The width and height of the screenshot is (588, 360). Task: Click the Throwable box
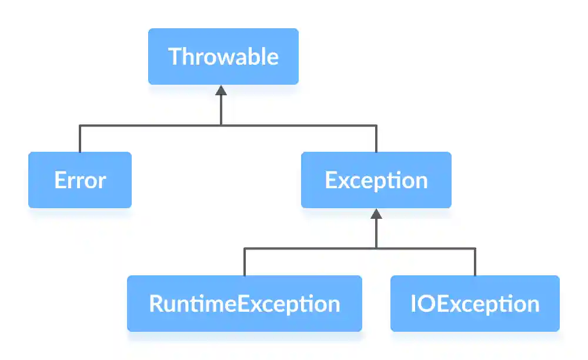[223, 56]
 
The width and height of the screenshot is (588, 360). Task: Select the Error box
[80, 180]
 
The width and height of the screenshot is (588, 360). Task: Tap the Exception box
[376, 180]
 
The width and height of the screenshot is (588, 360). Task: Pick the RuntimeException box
[245, 304]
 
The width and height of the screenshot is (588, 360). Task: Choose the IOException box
[475, 304]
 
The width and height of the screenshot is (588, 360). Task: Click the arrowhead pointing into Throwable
[221, 90]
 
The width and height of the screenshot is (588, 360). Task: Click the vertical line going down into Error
[80, 139]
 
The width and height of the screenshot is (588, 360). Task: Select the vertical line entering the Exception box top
[376, 139]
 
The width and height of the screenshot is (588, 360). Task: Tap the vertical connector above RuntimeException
[245, 262]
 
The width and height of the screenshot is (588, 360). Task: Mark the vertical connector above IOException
[475, 262]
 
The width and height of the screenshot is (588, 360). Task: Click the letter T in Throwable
[175, 56]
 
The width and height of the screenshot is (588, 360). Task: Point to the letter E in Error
[59, 180]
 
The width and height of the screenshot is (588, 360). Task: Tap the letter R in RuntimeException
[156, 304]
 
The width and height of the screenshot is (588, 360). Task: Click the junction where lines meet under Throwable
[221, 125]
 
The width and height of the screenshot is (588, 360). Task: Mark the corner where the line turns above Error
[80, 125]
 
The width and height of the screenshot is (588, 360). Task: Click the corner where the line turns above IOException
[475, 248]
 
